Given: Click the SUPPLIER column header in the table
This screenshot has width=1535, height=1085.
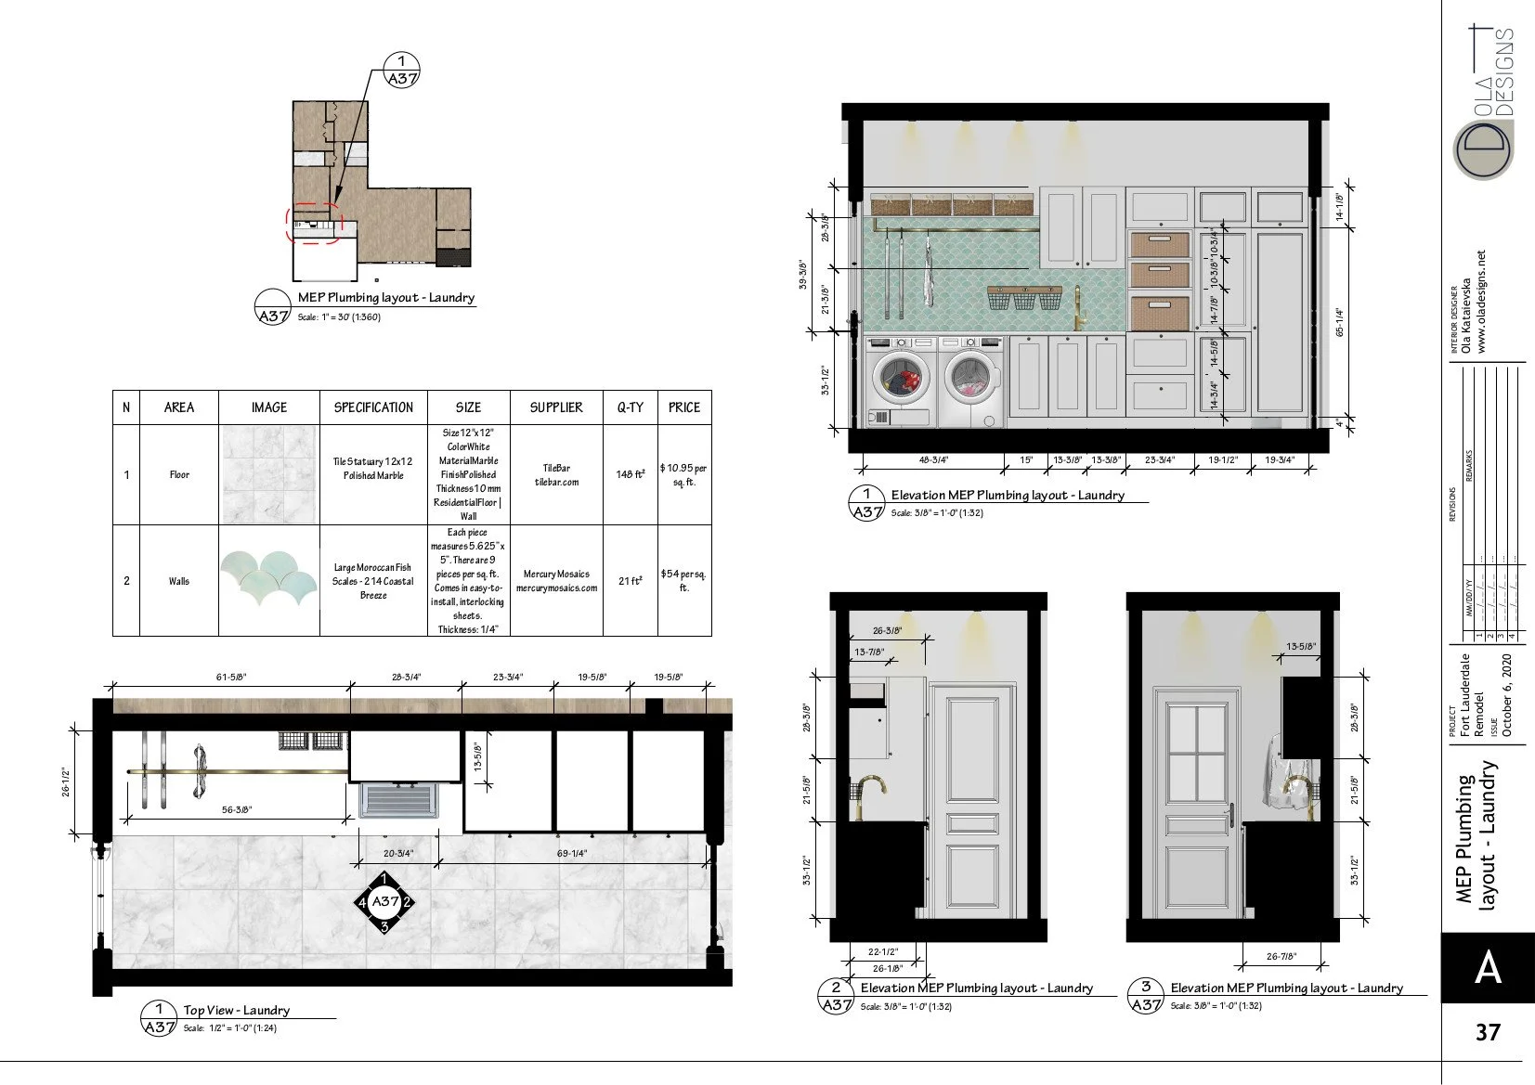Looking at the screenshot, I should [x=555, y=407].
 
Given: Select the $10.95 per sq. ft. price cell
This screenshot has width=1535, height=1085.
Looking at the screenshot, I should [x=683, y=474].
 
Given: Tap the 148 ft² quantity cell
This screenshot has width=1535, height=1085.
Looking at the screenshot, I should [x=630, y=474].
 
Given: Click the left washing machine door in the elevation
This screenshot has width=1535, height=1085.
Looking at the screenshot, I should [x=900, y=378].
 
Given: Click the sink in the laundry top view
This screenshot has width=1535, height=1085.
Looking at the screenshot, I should [x=399, y=800].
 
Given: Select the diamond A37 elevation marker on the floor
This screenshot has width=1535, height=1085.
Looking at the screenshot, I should [x=384, y=901].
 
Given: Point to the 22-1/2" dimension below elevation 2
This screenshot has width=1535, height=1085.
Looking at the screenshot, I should [x=883, y=951].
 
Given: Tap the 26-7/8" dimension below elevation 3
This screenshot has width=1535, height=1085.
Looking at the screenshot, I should [x=1280, y=956].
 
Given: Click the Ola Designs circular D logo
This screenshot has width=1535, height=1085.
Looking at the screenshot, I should [x=1482, y=148].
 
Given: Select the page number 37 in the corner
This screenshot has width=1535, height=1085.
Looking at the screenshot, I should [x=1487, y=1032].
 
